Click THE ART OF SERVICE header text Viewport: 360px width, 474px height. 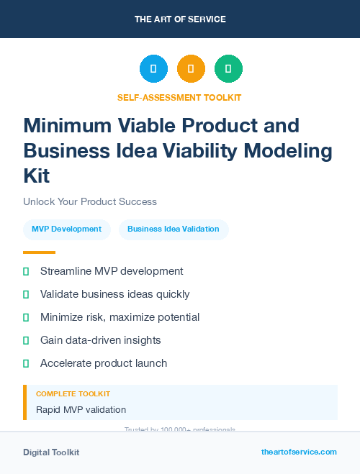click(180, 19)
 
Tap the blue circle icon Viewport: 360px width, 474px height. click(153, 69)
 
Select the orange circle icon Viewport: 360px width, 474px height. click(191, 69)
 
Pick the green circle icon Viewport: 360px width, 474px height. click(228, 69)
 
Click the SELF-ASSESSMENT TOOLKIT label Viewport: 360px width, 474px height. click(179, 97)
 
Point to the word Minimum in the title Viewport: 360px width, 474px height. click(66, 126)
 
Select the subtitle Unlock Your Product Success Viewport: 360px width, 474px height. click(90, 201)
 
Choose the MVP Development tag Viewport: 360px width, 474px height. click(67, 229)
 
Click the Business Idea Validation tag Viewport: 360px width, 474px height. click(174, 229)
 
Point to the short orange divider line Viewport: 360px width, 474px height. click(39, 252)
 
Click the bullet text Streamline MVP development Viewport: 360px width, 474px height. click(112, 271)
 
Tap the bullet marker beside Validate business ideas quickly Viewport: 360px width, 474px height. click(26, 294)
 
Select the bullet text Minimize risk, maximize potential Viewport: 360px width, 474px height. click(120, 317)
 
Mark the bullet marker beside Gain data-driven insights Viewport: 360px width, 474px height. click(26, 340)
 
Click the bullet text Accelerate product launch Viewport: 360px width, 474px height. click(104, 363)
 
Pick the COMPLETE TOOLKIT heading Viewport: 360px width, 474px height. click(73, 394)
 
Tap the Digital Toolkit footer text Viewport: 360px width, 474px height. click(51, 452)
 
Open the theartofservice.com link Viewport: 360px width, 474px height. click(299, 452)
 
